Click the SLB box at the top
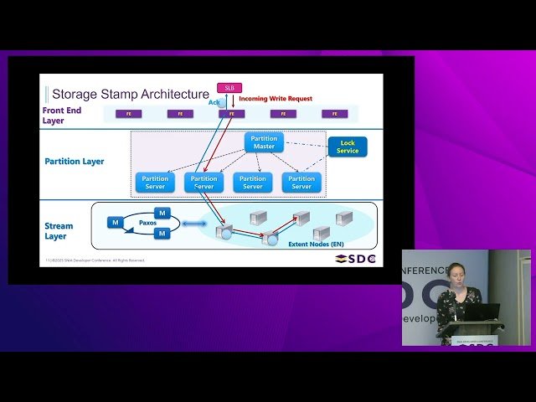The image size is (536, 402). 229,88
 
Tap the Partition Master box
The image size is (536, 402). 264,142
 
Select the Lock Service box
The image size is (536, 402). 348,147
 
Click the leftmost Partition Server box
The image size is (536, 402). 155,182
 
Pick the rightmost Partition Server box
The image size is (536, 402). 301,182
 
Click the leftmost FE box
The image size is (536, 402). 128,114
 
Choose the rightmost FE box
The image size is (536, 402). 334,114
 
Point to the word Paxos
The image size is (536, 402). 147,223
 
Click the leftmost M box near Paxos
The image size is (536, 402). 115,222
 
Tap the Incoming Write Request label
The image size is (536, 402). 276,99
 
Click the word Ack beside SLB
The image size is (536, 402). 214,102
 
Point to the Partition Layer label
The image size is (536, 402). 75,161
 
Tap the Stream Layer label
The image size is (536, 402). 59,230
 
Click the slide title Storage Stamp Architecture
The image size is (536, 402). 130,94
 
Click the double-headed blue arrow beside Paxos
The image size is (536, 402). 193,223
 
